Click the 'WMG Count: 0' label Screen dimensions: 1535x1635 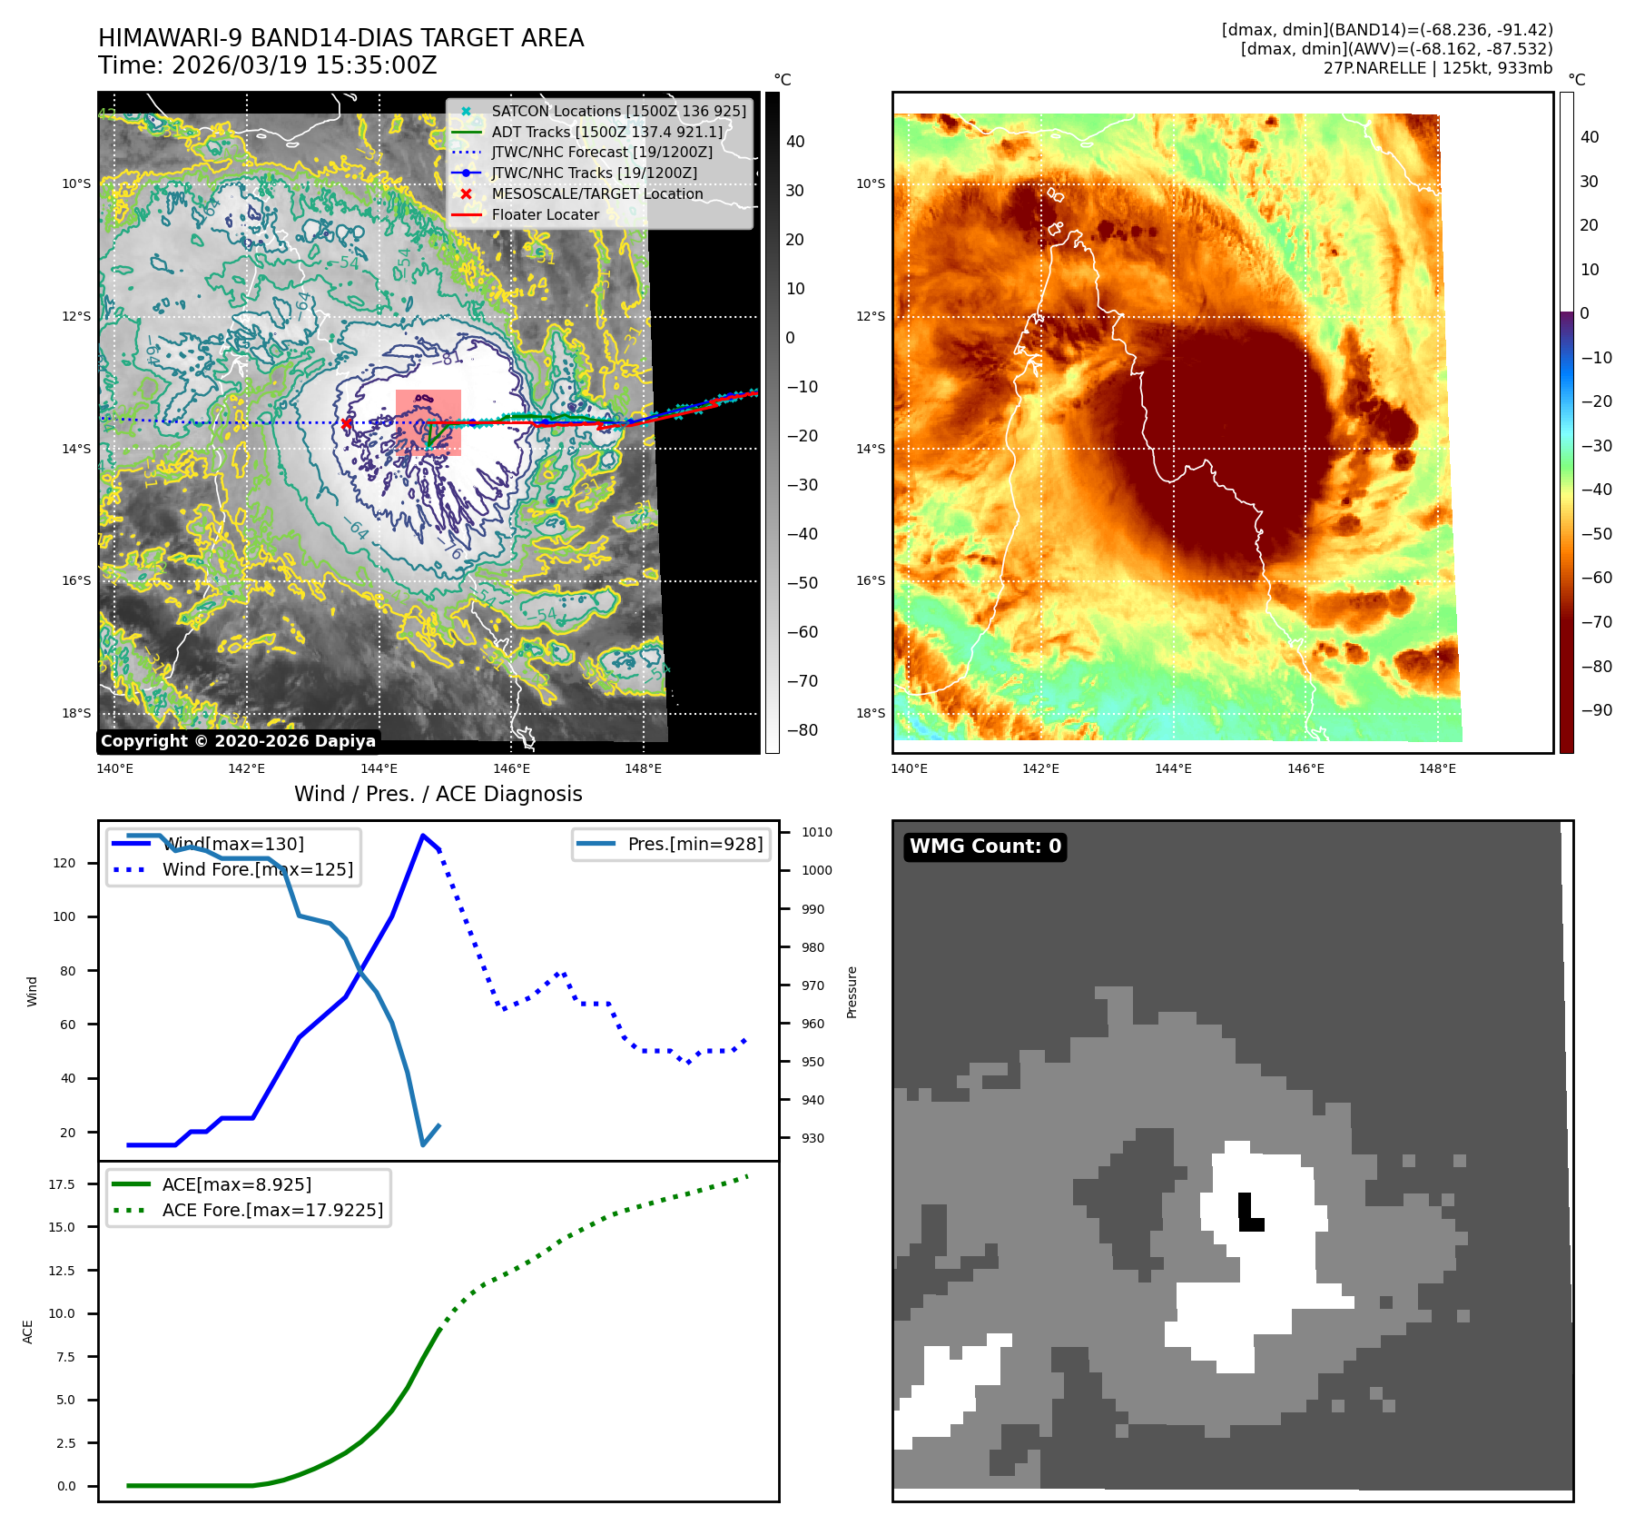click(x=985, y=847)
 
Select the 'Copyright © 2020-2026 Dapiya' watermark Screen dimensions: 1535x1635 click(x=238, y=741)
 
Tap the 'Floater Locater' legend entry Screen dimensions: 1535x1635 click(x=545, y=215)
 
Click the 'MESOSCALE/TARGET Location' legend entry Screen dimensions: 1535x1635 click(x=596, y=194)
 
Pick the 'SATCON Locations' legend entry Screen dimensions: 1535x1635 click(x=618, y=111)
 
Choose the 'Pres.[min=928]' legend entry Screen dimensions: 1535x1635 click(x=694, y=844)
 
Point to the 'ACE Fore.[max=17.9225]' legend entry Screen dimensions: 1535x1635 click(x=271, y=1210)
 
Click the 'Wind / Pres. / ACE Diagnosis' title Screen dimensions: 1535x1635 click(x=438, y=794)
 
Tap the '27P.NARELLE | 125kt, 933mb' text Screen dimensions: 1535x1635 click(x=1437, y=68)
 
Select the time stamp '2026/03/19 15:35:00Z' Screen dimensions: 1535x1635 click(x=304, y=66)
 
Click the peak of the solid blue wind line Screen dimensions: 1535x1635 click(x=423, y=835)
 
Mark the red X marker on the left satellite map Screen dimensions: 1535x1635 click(x=346, y=423)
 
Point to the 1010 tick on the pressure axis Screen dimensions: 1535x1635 click(x=816, y=832)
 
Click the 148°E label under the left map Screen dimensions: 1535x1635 click(x=643, y=769)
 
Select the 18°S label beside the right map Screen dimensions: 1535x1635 click(x=870, y=713)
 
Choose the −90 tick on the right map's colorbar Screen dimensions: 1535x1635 click(x=1596, y=710)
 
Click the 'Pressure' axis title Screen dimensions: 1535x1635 click(x=852, y=992)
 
